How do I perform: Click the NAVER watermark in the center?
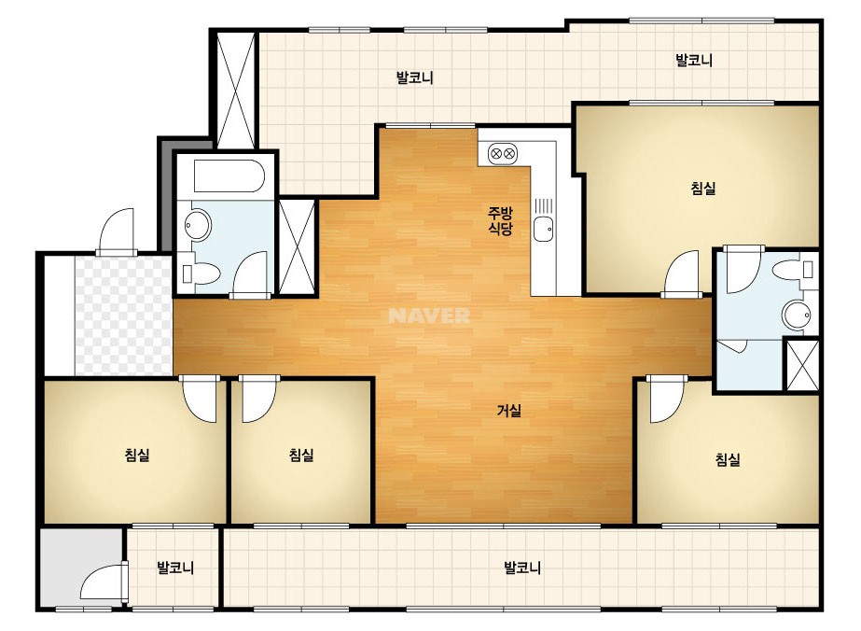[x=429, y=315]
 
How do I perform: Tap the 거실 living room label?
[x=509, y=410]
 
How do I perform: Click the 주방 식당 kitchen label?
[x=500, y=220]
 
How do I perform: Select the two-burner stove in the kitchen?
[x=502, y=153]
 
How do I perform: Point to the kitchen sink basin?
[x=544, y=229]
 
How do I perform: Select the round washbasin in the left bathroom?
[x=198, y=225]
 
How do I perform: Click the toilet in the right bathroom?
[x=792, y=270]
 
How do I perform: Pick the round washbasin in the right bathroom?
[x=796, y=314]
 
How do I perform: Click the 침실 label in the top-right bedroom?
[x=703, y=189]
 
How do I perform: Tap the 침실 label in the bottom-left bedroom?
[x=137, y=456]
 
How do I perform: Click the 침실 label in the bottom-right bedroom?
[x=729, y=459]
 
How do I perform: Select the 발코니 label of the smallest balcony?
[x=175, y=568]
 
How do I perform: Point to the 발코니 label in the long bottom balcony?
[x=522, y=568]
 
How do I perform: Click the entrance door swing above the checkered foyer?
[x=116, y=231]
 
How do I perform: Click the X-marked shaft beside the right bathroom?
[x=802, y=366]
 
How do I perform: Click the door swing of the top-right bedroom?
[x=682, y=273]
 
